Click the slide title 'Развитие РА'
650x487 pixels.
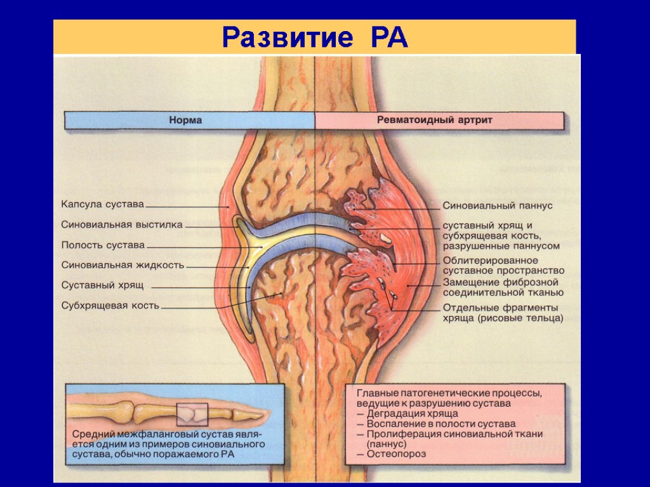[x=315, y=38]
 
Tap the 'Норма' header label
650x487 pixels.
[x=185, y=120]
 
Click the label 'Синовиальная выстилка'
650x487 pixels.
[x=122, y=224]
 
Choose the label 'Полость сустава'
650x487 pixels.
[x=103, y=245]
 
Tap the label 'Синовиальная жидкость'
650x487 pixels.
[x=123, y=265]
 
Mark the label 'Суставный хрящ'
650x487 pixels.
[x=102, y=285]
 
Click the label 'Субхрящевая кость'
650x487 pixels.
[x=110, y=306]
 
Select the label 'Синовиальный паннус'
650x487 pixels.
[x=498, y=206]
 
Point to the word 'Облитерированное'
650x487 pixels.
[x=491, y=261]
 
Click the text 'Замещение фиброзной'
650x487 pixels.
[x=501, y=282]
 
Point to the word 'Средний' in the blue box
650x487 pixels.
[x=91, y=434]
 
